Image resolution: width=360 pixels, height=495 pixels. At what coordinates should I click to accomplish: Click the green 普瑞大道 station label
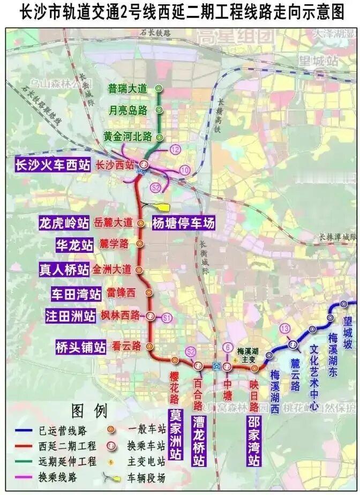coord(127,89)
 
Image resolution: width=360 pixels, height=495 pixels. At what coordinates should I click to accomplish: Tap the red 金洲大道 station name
coord(111,269)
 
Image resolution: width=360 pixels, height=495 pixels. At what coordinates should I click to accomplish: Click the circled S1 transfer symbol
coord(167,318)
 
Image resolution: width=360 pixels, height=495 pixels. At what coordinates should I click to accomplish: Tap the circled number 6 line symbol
coord(228,348)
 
